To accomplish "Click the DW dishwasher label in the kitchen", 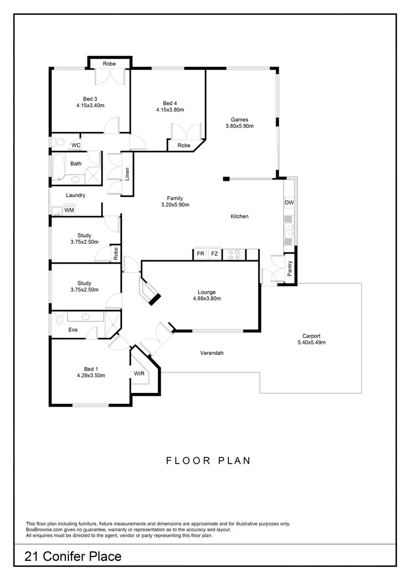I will point(289,203).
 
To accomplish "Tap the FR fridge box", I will point(201,254).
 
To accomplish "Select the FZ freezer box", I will point(215,254).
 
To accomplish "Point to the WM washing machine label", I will point(69,210).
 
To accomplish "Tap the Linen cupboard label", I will point(127,174).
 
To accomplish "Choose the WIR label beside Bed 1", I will point(139,374).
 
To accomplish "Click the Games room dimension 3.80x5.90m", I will point(239,126).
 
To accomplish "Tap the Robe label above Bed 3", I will point(110,64).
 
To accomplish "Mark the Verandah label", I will point(212,353).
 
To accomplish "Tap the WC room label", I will point(76,145).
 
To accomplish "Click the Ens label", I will point(73,330).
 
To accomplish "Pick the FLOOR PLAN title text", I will point(208,460).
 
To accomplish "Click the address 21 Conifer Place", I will point(73,557).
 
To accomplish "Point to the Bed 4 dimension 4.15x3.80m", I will point(170,110).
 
